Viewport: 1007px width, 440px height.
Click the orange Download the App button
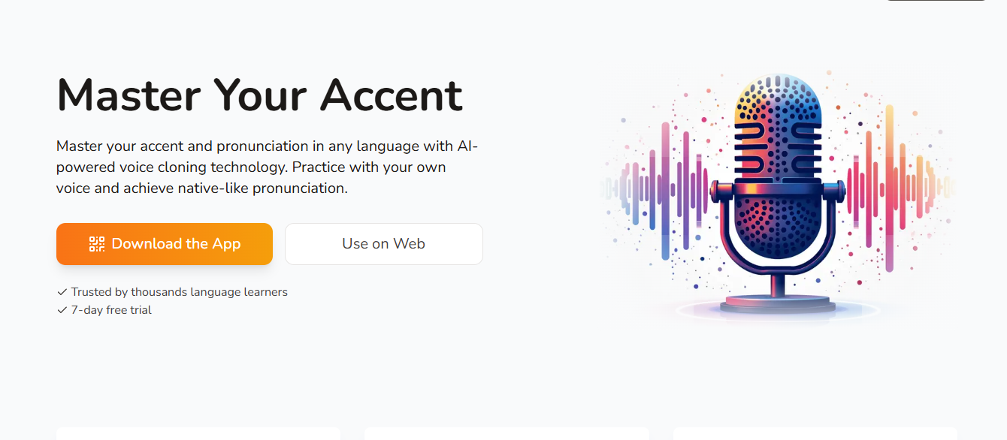164,244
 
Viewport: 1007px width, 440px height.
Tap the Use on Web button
383,244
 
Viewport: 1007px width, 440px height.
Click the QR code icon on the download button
97,244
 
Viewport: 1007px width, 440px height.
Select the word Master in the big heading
129,95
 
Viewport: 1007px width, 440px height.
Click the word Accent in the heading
392,95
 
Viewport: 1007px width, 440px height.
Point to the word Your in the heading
260,95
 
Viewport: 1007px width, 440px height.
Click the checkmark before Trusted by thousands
62,292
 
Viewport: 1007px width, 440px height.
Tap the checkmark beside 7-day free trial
62,310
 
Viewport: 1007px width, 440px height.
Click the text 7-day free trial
111,310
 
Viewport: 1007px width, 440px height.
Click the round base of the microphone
778,305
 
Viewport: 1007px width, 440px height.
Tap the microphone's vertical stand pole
778,285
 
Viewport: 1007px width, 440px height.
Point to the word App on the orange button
226,244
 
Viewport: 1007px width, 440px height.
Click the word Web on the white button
410,244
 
